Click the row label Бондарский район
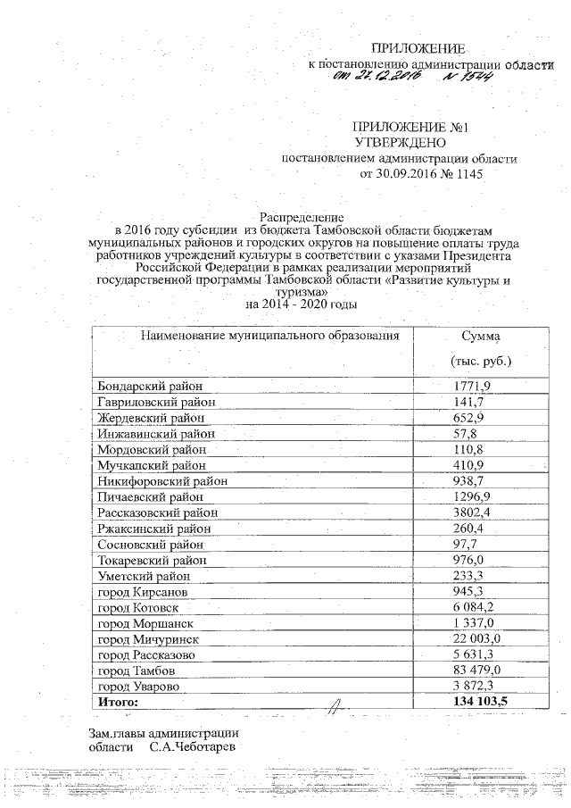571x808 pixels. pyautogui.click(x=150, y=386)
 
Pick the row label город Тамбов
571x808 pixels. pyautogui.click(x=137, y=670)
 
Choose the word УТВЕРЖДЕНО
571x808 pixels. pyautogui.click(x=398, y=143)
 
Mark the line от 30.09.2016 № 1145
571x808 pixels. pyautogui.click(x=419, y=175)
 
